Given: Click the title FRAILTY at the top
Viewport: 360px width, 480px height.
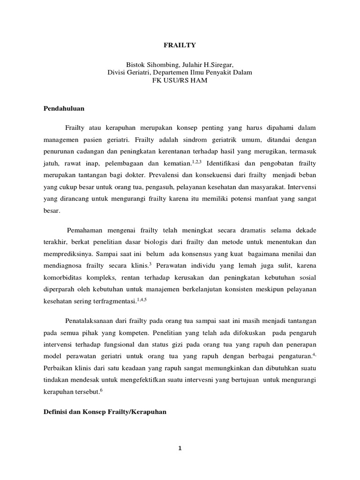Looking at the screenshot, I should click(180, 45).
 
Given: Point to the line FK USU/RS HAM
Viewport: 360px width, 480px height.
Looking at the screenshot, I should click(180, 80).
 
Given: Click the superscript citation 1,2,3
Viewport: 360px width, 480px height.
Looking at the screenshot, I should click(196, 162).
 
